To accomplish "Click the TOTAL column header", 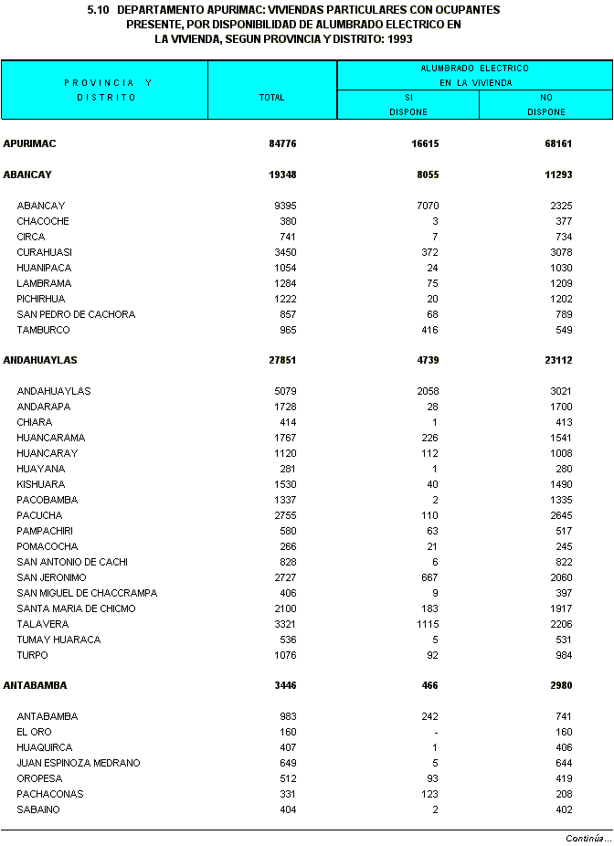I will click(271, 97).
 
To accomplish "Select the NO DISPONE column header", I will click(545, 104).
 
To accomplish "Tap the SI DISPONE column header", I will click(408, 104).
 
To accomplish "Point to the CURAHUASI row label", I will click(44, 252).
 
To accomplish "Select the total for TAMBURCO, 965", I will click(287, 330).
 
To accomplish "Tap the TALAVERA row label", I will click(42, 624).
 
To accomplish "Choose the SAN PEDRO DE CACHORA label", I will click(76, 314).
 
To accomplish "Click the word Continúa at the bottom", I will click(588, 838).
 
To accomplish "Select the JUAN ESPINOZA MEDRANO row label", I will click(79, 763).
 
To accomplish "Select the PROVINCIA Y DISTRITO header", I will click(106, 90).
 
